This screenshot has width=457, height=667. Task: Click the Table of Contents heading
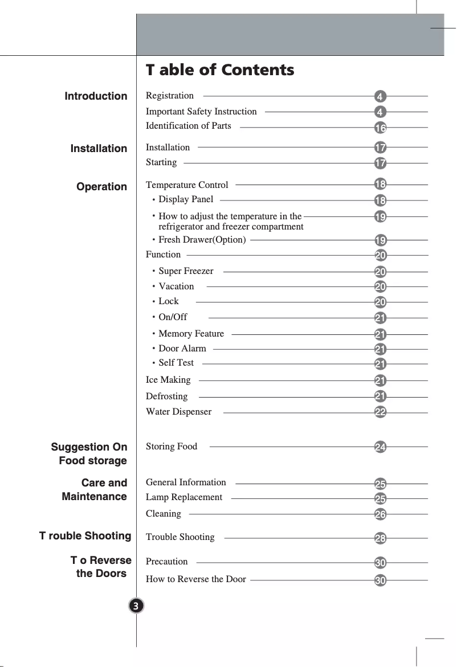pos(220,70)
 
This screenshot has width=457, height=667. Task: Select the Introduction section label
pos(96,96)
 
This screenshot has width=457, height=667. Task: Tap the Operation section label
pos(102,187)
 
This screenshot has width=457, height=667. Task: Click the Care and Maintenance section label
pos(95,490)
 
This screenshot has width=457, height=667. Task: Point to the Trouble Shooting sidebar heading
pos(85,536)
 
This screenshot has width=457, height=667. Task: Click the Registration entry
pos(170,96)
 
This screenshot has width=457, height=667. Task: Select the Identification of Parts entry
pos(189,126)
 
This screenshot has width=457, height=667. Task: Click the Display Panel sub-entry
pos(186,199)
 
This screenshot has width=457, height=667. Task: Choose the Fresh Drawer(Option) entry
pos(202,240)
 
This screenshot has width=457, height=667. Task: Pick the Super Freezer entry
pos(186,271)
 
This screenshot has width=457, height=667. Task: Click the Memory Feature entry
pos(191,334)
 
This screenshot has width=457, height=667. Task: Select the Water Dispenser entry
pos(178,412)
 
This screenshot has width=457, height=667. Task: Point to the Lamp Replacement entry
pos(184,497)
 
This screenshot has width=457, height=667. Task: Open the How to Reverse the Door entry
pos(196,579)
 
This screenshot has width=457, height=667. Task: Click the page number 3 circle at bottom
pos(137,605)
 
